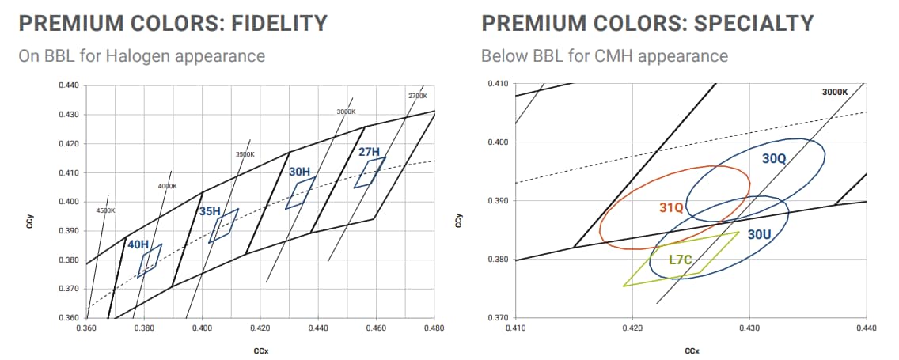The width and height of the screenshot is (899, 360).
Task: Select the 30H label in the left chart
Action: point(299,171)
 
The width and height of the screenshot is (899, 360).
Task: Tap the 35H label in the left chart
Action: point(210,211)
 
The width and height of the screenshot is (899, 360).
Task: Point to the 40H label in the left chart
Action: point(138,244)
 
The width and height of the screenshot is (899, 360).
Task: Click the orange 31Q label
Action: point(671,207)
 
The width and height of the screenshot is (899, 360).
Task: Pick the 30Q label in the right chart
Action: point(774,158)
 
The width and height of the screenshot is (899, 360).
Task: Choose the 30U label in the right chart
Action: point(759,234)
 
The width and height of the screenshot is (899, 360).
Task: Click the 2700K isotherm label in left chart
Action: point(418,96)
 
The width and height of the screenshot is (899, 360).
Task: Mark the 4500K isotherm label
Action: point(105,210)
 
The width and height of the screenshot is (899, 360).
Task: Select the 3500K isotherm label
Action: point(245,154)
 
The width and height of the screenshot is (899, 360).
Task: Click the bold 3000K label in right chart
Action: point(835,92)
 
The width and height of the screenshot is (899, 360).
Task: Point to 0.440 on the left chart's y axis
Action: point(69,85)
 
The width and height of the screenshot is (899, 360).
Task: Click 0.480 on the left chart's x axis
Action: point(434,327)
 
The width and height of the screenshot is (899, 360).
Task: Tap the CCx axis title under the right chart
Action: point(690,350)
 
